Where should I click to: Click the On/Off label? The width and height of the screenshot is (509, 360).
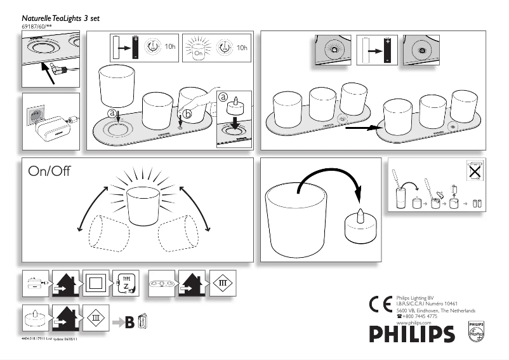[49, 172]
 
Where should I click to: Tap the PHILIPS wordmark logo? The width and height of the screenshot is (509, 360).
[412, 333]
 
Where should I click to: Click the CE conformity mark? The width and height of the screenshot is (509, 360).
[379, 303]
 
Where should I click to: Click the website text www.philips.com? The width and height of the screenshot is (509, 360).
[413, 322]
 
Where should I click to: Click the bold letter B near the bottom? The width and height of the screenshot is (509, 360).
[129, 323]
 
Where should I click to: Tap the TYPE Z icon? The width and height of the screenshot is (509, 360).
[126, 282]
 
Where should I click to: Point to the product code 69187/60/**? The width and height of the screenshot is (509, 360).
[38, 27]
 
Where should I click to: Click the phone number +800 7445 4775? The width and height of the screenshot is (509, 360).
[419, 316]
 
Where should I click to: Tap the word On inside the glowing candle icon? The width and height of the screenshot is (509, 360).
[198, 54]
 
